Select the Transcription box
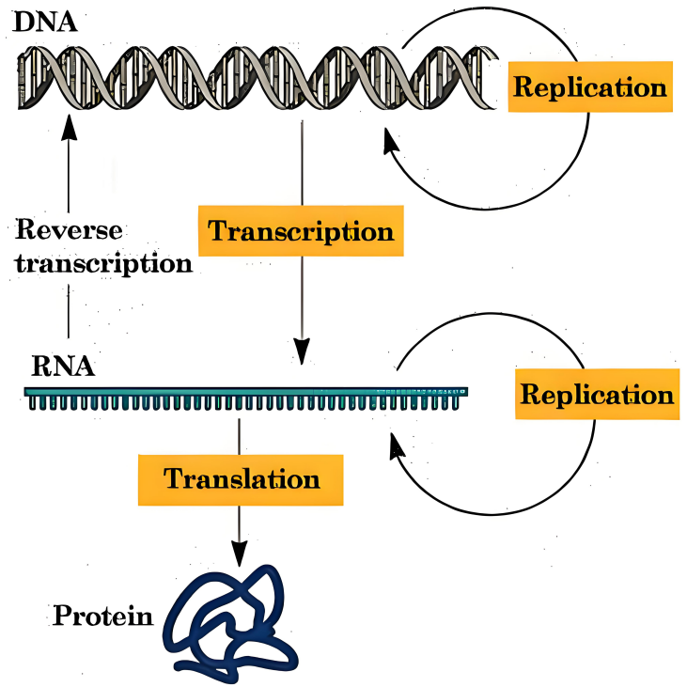pyautogui.click(x=301, y=230)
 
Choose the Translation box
pyautogui.click(x=242, y=478)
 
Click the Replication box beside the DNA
pyautogui.click(x=590, y=87)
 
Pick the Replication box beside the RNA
pyautogui.click(x=596, y=393)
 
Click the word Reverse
pyautogui.click(x=70, y=228)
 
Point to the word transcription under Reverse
pyautogui.click(x=104, y=263)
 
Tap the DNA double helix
pyautogui.click(x=254, y=77)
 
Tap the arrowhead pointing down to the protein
pyautogui.click(x=241, y=555)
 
